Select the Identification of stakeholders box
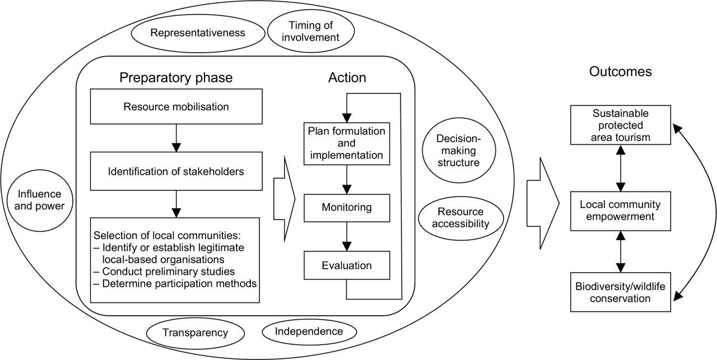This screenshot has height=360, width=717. (x=176, y=171)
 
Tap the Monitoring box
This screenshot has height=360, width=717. (x=347, y=207)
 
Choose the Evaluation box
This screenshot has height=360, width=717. (x=347, y=265)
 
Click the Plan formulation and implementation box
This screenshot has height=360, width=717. (x=347, y=144)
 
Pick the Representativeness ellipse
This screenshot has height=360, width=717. (x=198, y=33)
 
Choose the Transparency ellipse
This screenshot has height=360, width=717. (x=195, y=333)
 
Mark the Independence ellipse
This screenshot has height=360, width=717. (x=309, y=331)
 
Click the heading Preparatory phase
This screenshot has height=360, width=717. (x=176, y=78)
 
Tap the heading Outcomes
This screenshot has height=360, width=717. (x=620, y=72)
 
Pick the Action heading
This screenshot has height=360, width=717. (x=347, y=78)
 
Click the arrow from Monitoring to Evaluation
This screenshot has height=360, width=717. (x=347, y=236)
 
